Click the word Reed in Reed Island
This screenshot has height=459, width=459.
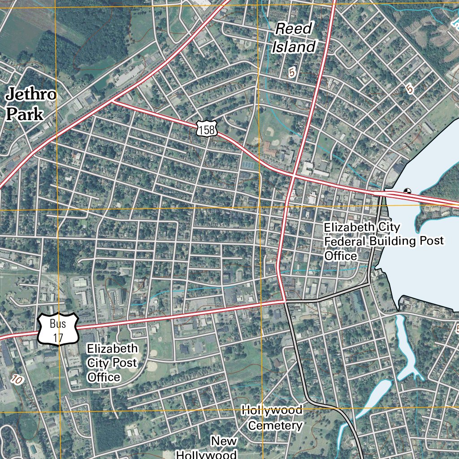294,29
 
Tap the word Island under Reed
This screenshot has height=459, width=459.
294,47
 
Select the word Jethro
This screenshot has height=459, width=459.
30,95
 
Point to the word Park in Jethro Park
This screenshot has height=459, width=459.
25,114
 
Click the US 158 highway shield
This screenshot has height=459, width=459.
207,128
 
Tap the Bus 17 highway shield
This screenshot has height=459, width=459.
58,329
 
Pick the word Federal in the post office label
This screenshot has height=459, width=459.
345,242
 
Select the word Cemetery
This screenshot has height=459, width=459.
275,425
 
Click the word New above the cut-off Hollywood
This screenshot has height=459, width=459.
224,441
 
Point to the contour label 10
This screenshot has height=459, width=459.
17,379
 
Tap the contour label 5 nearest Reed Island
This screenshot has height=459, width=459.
293,72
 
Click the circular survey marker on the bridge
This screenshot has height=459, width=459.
407,191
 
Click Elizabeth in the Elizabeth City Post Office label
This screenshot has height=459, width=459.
113,349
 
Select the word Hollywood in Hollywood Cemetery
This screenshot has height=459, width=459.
272,410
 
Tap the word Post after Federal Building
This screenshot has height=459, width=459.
430,241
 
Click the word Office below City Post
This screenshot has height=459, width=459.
104,377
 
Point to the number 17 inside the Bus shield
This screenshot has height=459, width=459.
58,338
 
